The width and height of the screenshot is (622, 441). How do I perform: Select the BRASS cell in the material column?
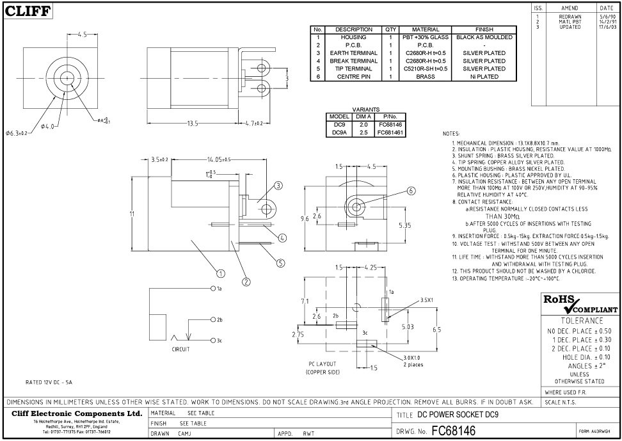(x=426, y=77)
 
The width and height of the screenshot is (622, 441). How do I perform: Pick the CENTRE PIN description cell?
(x=354, y=77)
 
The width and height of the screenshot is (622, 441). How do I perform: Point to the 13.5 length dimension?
(x=193, y=124)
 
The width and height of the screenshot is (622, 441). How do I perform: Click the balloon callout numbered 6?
(x=411, y=191)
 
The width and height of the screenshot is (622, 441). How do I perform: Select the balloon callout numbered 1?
(x=221, y=273)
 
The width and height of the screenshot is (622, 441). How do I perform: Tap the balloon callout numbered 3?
(x=278, y=186)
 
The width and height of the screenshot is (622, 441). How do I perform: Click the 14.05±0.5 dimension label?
(x=218, y=159)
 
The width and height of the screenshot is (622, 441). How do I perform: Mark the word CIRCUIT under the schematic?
(x=181, y=349)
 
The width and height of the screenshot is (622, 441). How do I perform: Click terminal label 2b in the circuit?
(x=218, y=319)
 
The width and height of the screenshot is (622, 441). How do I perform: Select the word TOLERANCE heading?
(x=582, y=320)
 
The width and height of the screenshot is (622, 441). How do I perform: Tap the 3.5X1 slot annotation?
(x=427, y=300)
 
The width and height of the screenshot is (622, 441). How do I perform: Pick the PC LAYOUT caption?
(x=323, y=364)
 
